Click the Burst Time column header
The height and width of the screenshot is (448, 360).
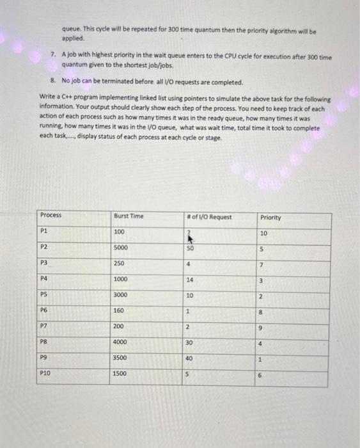[x=129, y=216]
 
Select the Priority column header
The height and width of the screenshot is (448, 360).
[x=271, y=218]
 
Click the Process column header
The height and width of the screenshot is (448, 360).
[x=51, y=215]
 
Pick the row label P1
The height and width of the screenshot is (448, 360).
[x=44, y=231]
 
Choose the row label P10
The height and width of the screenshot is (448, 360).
[x=45, y=372]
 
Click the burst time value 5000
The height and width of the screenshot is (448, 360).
[x=121, y=247]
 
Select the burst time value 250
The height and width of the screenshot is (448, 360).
[x=120, y=263]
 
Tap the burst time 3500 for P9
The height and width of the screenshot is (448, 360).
[x=121, y=357]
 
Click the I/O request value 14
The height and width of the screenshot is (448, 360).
[x=189, y=279]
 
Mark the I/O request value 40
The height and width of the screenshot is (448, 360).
[x=189, y=358]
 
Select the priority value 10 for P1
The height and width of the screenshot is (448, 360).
[x=264, y=233]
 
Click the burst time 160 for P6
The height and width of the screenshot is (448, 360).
[x=120, y=310]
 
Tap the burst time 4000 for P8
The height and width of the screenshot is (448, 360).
[x=121, y=342]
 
